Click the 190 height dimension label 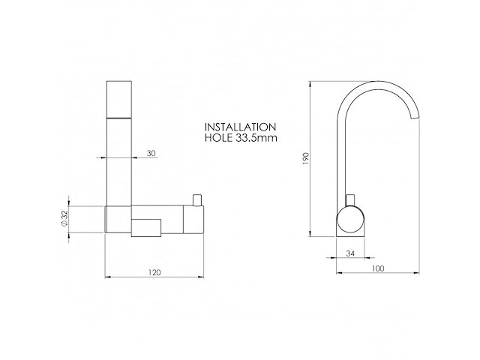[x=306, y=158]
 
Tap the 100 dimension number [x=378, y=268]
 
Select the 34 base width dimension [x=350, y=253]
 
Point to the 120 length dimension [x=154, y=272]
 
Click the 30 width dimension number [x=151, y=153]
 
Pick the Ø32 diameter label [x=64, y=218]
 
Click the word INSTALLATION [x=240, y=127]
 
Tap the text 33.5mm [x=256, y=138]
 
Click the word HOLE [x=218, y=138]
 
